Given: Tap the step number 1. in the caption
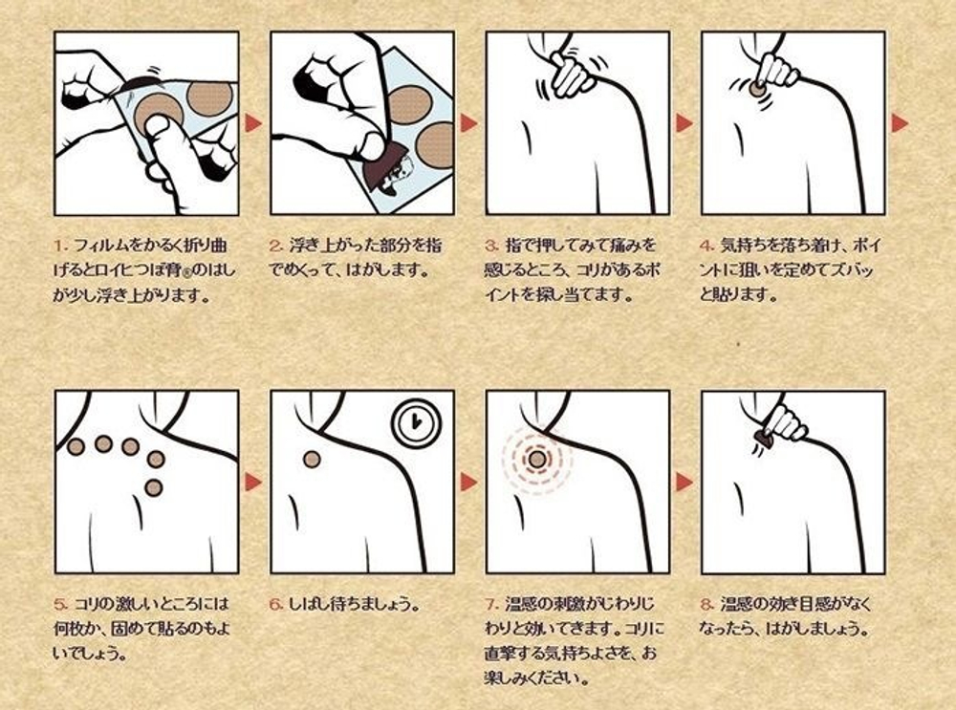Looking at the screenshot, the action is click(61, 247).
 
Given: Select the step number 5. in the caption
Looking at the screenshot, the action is click(61, 605).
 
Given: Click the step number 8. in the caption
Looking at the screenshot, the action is click(707, 605).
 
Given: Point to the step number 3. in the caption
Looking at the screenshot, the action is click(492, 247).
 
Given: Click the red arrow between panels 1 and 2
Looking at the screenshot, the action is click(253, 123).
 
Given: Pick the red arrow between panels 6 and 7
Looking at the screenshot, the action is click(468, 482).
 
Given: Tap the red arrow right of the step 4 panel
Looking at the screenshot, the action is click(900, 123).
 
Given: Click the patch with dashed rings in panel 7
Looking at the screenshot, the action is click(537, 460).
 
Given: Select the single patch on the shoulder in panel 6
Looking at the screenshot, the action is click(313, 460).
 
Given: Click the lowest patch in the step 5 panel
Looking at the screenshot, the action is click(154, 487).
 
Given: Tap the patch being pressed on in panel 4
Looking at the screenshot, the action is click(756, 91).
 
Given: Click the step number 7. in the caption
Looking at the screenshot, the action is click(492, 605).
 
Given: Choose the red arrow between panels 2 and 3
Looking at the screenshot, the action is click(468, 123).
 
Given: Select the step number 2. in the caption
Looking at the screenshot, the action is click(277, 247).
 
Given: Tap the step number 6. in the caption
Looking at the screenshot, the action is click(277, 605).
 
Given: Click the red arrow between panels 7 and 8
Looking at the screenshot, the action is click(684, 482).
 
